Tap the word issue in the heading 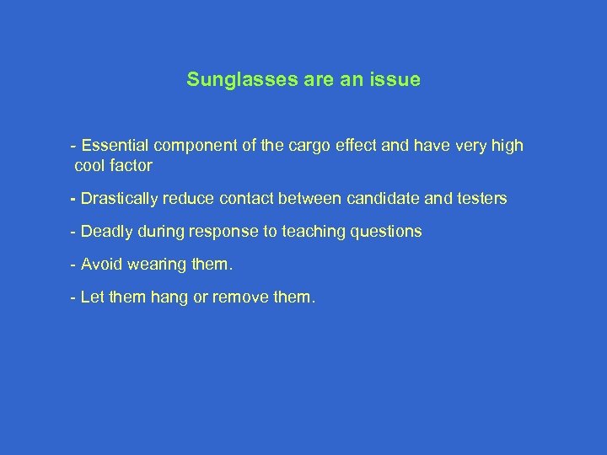(397, 81)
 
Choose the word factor (130, 166)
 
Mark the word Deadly (105, 232)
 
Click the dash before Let (74, 297)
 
